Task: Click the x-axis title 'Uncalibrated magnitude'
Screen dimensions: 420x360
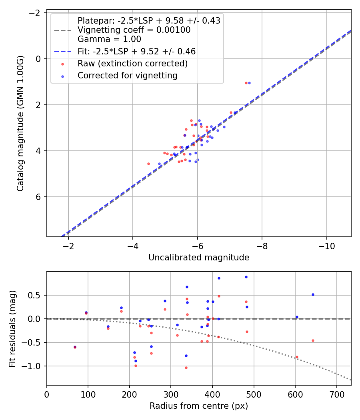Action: tap(199, 258)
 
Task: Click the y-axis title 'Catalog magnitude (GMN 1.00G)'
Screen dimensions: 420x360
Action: tap(20, 123)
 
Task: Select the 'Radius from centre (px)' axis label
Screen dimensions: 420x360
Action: tap(199, 406)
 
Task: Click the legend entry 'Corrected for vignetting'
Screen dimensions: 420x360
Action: tap(127, 75)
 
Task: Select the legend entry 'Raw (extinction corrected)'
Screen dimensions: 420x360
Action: tap(132, 64)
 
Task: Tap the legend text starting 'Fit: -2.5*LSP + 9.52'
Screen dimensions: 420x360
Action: tap(136, 52)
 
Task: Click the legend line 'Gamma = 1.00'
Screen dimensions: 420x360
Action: tap(109, 39)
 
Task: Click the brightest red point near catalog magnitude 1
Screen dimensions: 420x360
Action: tap(246, 83)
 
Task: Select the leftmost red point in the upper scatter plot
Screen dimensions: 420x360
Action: tap(148, 164)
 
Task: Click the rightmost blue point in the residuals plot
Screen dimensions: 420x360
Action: tap(313, 294)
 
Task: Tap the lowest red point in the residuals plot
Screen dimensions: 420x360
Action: tap(186, 368)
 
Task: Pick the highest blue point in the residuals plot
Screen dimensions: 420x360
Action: tap(246, 277)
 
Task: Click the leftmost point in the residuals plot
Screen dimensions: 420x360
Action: tap(75, 347)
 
